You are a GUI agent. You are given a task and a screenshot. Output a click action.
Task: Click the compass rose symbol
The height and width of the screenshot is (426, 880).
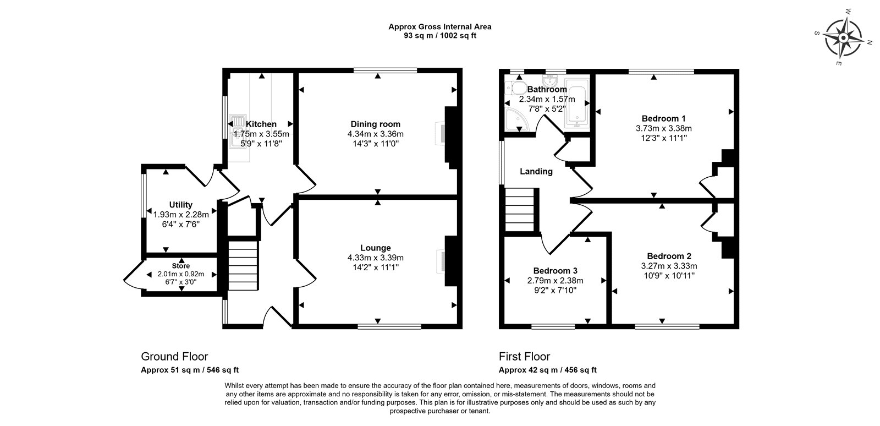(844, 38)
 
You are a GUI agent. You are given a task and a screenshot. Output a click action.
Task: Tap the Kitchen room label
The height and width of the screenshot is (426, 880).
(261, 124)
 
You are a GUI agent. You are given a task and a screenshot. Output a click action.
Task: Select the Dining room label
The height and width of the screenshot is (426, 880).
(376, 124)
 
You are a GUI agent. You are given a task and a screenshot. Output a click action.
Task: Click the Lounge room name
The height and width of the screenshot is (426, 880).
(376, 248)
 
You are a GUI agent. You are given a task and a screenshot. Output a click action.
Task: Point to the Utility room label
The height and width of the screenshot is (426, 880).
(181, 205)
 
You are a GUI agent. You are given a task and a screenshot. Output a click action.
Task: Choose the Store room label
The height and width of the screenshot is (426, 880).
(181, 266)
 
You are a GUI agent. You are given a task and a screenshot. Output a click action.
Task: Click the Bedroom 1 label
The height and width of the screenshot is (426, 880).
(663, 118)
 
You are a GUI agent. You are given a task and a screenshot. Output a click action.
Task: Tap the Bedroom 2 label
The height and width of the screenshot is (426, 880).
(669, 256)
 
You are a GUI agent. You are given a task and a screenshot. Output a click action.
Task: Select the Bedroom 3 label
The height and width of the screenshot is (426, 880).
(555, 271)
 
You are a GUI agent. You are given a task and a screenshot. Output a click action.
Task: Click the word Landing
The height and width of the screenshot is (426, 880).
(536, 171)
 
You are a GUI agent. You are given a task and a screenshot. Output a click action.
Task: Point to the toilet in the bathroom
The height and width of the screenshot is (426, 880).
(516, 88)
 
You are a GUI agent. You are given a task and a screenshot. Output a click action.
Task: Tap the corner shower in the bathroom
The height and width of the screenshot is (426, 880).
(516, 119)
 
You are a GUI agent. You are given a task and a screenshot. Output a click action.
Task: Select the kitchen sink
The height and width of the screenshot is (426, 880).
(238, 132)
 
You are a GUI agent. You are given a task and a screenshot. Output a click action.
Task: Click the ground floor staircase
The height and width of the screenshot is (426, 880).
(243, 266)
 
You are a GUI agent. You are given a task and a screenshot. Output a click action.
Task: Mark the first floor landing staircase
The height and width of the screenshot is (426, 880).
(519, 210)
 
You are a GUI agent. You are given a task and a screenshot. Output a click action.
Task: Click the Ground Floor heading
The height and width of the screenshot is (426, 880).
(174, 357)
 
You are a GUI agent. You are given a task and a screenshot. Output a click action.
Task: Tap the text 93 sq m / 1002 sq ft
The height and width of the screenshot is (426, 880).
(440, 36)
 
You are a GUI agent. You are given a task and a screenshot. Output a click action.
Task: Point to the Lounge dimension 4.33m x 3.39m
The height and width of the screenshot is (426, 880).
(376, 258)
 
